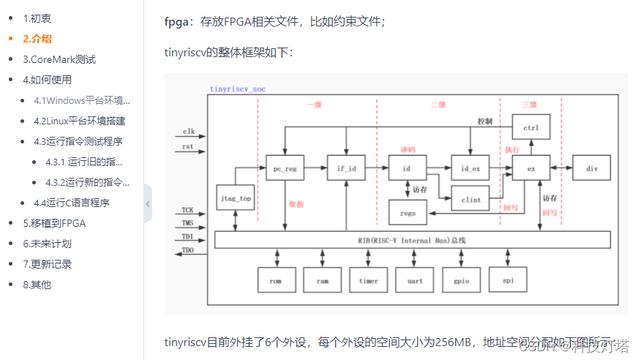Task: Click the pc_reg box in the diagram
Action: point(284,168)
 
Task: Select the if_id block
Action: point(345,168)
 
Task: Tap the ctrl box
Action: point(531,129)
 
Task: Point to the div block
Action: point(591,168)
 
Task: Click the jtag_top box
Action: point(236,198)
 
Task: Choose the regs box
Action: point(408,213)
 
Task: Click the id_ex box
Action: point(470,168)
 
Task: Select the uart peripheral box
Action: point(414,280)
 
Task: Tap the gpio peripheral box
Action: point(461,280)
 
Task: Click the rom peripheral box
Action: point(276,280)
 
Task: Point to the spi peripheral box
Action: point(508,280)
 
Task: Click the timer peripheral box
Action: point(368,280)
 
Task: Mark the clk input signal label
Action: point(188,132)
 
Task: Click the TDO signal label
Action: point(188,251)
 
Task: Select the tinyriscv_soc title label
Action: point(238,89)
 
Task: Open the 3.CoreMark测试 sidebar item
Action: point(59,59)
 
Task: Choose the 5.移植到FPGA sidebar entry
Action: point(54,223)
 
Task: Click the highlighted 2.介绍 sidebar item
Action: point(37,39)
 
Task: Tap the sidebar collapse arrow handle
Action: point(148,204)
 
